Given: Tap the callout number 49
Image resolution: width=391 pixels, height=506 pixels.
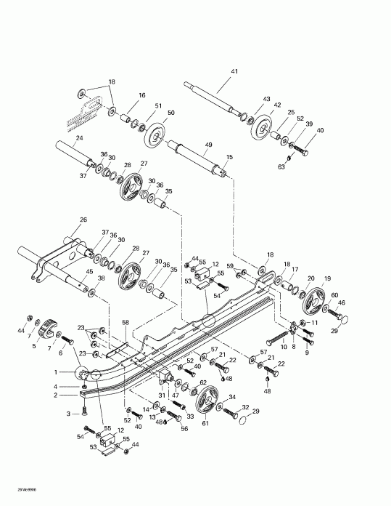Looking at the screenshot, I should click(x=207, y=145).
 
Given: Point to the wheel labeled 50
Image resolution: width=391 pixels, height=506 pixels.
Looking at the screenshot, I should click(x=153, y=137).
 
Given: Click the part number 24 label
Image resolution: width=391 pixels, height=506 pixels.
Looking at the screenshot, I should click(x=59, y=138).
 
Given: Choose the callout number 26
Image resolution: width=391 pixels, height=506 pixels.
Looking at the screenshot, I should click(x=83, y=220).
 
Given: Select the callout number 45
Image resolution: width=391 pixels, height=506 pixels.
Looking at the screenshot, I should click(x=89, y=273).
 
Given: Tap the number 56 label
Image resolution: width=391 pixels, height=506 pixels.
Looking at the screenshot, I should click(x=184, y=429).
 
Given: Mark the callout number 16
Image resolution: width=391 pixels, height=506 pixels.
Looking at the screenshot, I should click(x=141, y=95).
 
